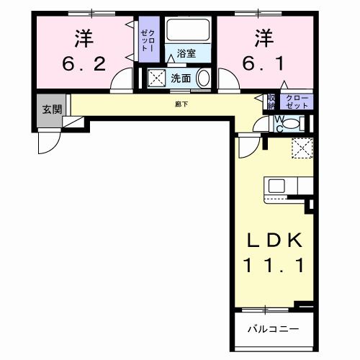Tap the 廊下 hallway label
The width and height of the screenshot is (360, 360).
tap(180, 104)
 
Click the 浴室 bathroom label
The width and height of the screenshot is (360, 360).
tap(186, 53)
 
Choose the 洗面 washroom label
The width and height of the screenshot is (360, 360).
tap(180, 78)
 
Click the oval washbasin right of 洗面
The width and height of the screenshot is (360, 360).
tap(203, 78)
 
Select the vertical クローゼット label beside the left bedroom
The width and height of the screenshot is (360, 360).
tap(148, 43)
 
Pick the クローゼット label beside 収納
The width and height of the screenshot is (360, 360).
tap(296, 101)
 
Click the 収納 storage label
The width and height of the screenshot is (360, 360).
tap(271, 101)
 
